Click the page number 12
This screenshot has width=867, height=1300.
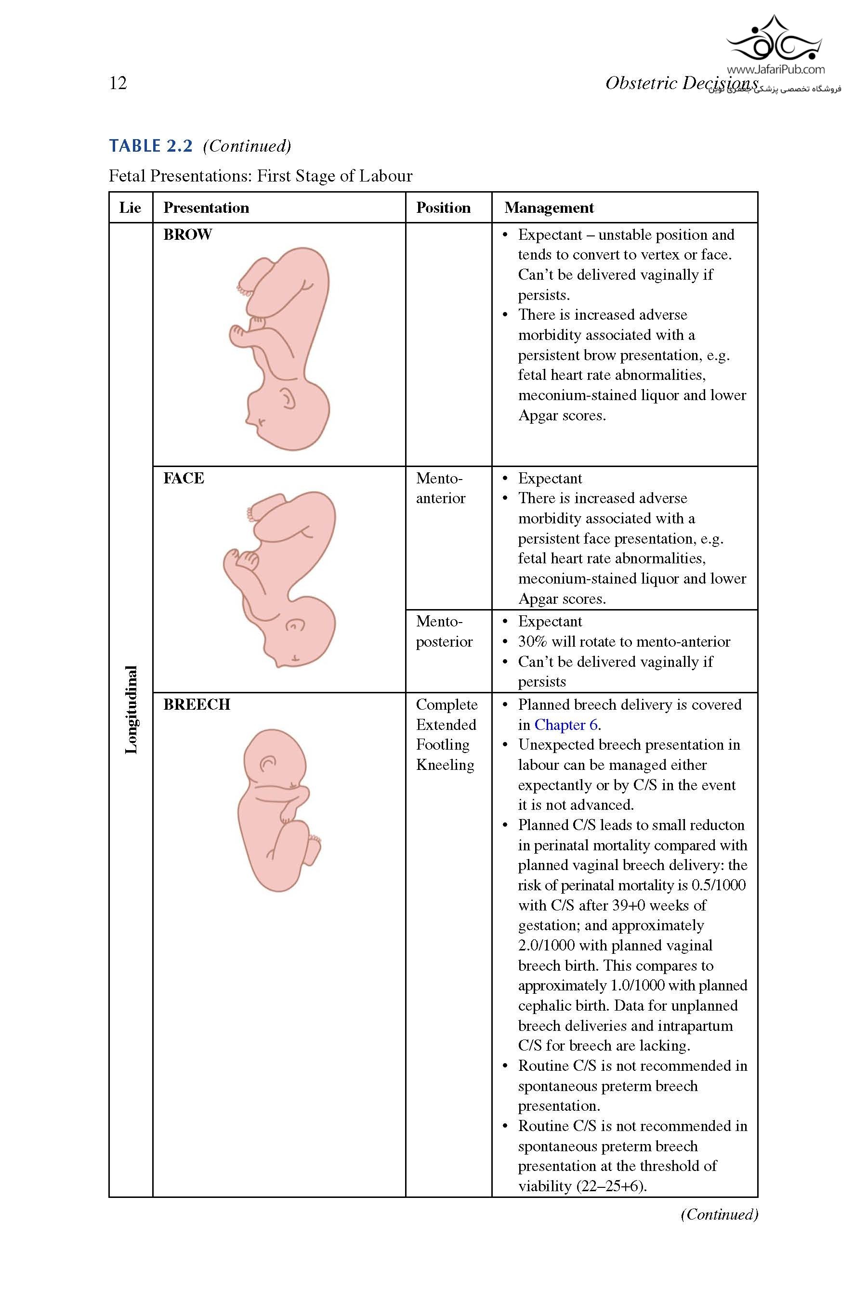[118, 83]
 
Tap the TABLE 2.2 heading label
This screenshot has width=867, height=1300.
[150, 146]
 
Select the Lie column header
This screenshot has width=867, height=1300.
[130, 208]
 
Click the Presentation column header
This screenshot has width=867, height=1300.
[206, 208]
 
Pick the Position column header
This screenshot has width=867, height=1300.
[443, 208]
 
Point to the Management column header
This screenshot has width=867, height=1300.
[549, 208]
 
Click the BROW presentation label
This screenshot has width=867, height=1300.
[187, 235]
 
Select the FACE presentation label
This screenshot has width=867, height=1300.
[184, 478]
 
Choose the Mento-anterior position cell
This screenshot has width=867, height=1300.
[441, 488]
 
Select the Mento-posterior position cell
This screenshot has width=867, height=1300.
[444, 631]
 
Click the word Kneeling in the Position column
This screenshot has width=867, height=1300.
[445, 765]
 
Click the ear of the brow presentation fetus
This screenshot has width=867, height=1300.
[288, 398]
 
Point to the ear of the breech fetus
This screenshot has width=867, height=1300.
[268, 763]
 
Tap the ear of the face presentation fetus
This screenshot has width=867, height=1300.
[295, 625]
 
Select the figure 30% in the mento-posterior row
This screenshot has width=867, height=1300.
[532, 642]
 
